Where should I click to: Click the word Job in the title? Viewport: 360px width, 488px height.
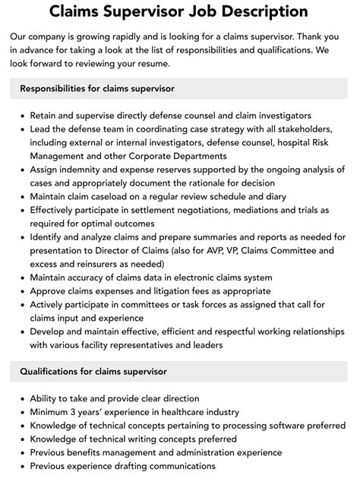[x=196, y=12]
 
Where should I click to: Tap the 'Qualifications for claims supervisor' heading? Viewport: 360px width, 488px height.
[x=93, y=371]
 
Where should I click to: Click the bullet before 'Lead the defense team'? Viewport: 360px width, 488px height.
[x=21, y=131]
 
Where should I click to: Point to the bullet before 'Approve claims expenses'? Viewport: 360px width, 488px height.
[x=21, y=291]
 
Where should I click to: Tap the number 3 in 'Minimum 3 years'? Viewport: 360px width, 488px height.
[x=81, y=412]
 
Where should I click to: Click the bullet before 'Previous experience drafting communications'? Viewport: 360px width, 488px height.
[x=21, y=465]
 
